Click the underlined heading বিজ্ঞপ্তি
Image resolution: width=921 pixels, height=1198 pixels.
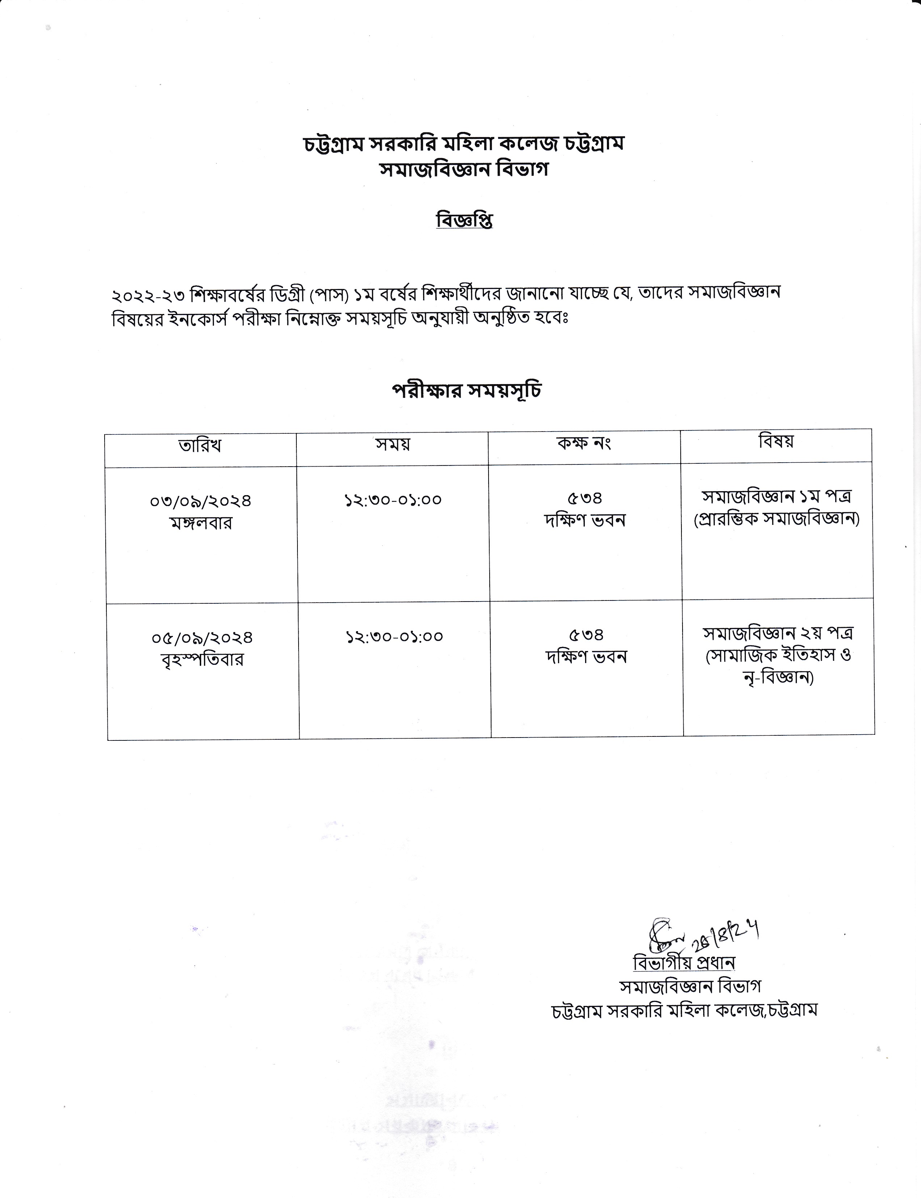pos(464,220)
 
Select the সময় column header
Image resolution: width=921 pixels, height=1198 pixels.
pos(393,444)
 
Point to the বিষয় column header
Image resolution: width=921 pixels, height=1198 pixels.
pos(776,441)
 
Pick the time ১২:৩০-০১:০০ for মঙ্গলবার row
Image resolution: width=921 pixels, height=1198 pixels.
pos(393,500)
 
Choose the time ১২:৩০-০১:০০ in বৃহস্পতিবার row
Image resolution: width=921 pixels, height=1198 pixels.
pos(394,636)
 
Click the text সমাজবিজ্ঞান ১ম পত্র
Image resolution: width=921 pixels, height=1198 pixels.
pos(776,497)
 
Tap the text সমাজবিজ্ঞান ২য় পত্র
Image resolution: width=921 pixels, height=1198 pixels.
pos(778,633)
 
